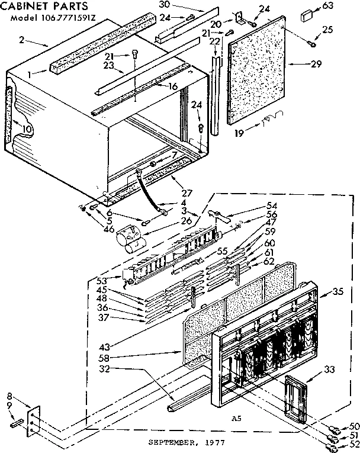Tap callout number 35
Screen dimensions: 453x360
click(338, 292)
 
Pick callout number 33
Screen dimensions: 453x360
click(329, 370)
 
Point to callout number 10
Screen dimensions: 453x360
click(26, 129)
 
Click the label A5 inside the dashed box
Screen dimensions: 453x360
click(236, 418)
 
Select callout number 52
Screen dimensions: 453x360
click(354, 443)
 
